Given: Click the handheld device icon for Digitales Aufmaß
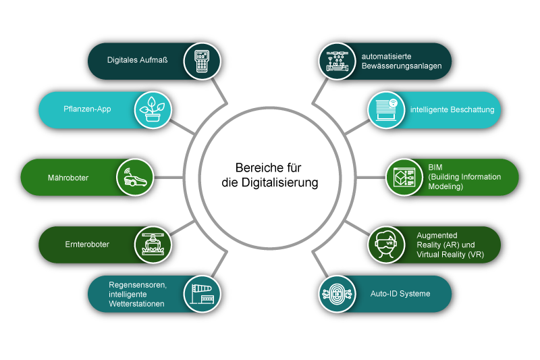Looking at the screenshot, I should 202,61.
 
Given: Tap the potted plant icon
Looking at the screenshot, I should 154,109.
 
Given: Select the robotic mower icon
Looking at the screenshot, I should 136,178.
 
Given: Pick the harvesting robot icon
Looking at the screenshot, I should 154,245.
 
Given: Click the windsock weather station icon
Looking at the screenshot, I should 202,294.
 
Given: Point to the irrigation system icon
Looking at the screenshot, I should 337,61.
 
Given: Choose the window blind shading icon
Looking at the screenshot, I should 386,109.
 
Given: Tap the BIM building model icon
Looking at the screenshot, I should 404,178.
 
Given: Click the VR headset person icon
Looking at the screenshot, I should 386,245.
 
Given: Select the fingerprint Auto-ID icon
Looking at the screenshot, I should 337,294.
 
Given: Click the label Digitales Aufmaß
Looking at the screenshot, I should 137,60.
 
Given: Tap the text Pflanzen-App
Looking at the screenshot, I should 92,109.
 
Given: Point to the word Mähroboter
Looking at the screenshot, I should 68,178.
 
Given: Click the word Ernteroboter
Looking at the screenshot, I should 87,245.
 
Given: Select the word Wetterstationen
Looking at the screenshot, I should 138,304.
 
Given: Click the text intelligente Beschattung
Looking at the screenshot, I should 452,109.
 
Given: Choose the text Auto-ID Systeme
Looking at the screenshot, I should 400,294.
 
